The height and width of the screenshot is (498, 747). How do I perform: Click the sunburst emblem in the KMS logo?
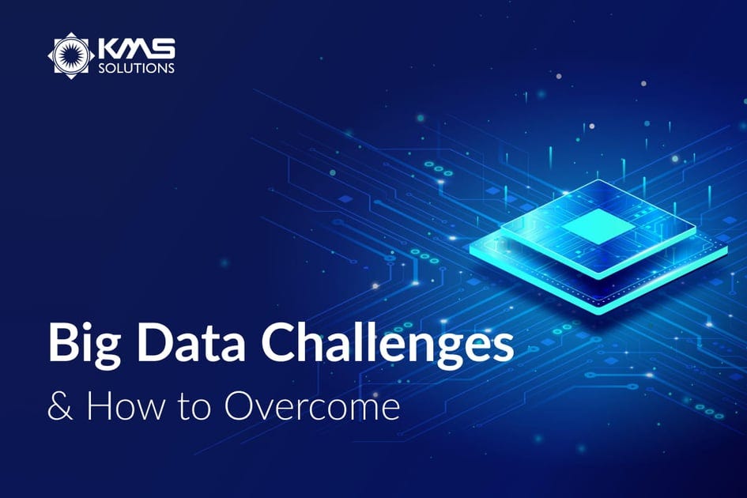tap(71, 55)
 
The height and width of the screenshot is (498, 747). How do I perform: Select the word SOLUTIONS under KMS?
tap(136, 69)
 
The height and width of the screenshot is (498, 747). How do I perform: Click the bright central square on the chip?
tap(598, 228)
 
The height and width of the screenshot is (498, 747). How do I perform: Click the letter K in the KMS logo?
tap(107, 50)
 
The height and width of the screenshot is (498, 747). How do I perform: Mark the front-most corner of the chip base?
tap(601, 311)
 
